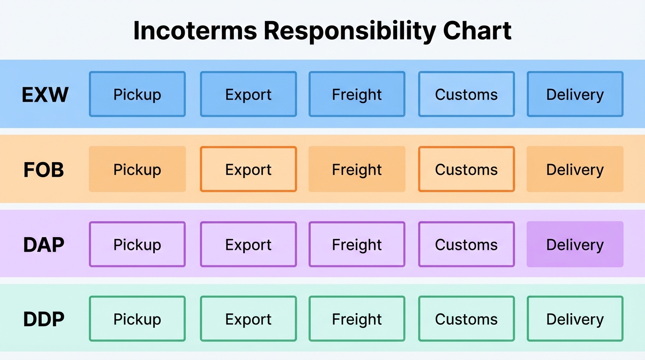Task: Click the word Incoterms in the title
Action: pos(195,31)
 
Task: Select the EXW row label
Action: pos(45,95)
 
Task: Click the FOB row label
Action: pos(44,170)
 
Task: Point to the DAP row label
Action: pos(44,245)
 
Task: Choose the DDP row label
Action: pos(44,319)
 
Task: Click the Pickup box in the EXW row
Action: pos(137,94)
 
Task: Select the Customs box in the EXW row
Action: pos(466,94)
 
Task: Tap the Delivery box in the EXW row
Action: pos(575,94)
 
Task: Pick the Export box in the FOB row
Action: pos(248,169)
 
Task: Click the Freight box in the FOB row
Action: pos(357,169)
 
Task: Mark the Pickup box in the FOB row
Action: pos(137,169)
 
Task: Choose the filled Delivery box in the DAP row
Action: pos(575,244)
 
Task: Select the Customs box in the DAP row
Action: pos(466,244)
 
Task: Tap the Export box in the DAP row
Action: pos(248,244)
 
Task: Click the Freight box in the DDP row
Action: pos(357,319)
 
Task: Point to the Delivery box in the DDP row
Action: pos(575,319)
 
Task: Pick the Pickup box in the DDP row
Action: pos(137,319)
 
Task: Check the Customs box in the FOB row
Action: pos(466,169)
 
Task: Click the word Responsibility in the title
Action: pos(350,31)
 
